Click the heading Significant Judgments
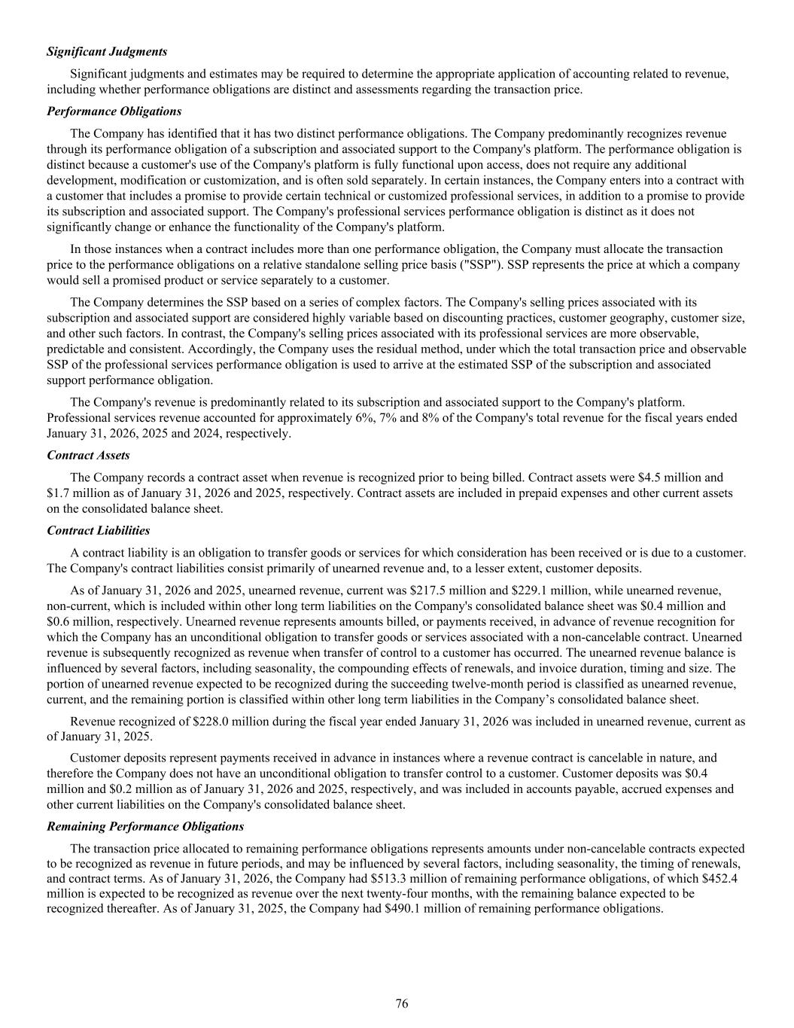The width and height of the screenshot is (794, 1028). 107,52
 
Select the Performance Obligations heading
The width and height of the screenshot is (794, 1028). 114,111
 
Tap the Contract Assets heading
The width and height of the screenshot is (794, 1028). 88,456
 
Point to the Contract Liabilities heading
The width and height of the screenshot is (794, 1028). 98,531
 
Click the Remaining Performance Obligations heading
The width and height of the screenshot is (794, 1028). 145,826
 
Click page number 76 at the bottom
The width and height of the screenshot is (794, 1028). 402,1004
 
